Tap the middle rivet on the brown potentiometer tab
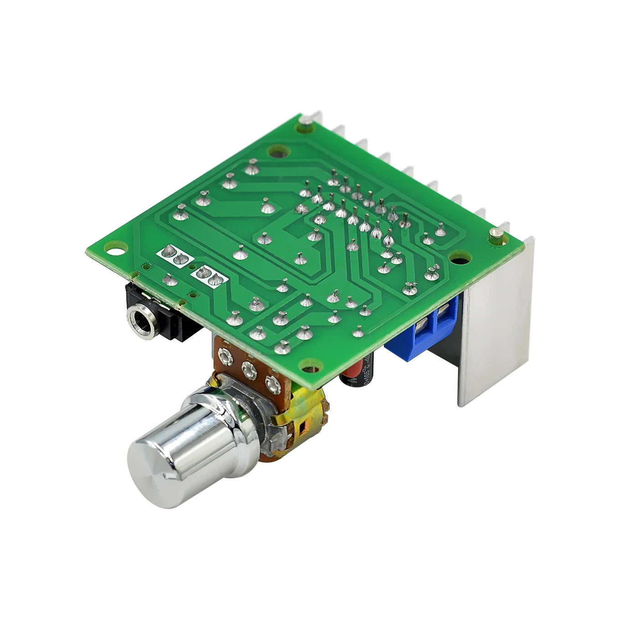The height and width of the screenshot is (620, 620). point(248,370)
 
